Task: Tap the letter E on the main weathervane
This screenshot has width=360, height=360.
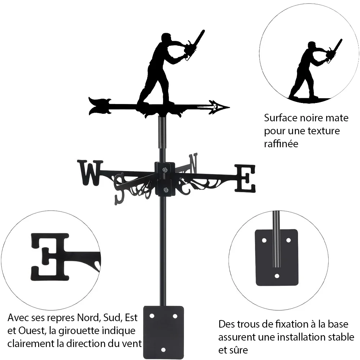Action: (245, 178)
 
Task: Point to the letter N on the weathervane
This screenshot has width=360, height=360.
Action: (193, 163)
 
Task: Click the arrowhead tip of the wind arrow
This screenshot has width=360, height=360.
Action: (229, 107)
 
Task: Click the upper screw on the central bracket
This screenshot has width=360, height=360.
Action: (165, 170)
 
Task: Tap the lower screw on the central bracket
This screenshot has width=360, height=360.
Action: (165, 190)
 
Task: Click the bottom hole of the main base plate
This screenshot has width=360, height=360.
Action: (163, 350)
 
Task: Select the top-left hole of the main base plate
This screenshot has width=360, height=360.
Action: (152, 316)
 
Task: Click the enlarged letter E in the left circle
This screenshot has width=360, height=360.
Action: (50, 257)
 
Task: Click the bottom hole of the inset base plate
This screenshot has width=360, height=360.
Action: (277, 276)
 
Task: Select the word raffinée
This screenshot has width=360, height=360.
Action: (281, 144)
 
